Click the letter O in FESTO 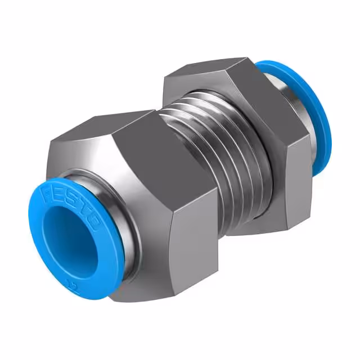[93, 223]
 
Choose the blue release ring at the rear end [312, 112]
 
